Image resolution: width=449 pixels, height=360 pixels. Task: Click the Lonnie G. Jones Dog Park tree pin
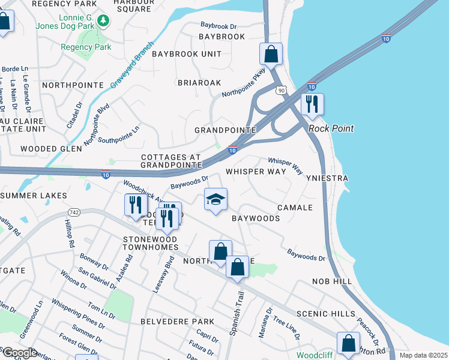click(103, 21)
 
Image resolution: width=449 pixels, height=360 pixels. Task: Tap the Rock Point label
click(331, 128)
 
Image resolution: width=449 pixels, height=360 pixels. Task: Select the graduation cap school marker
click(215, 200)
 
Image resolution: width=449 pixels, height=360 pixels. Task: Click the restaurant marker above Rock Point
click(312, 104)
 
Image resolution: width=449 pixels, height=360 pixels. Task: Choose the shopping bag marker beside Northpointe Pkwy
click(271, 54)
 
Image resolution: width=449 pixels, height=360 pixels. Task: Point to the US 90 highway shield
click(281, 90)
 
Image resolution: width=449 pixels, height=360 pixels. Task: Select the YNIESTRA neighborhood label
click(327, 179)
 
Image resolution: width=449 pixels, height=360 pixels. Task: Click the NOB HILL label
click(331, 281)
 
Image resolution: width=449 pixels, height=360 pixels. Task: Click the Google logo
click(19, 353)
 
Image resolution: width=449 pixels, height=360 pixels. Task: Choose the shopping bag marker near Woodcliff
click(348, 344)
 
